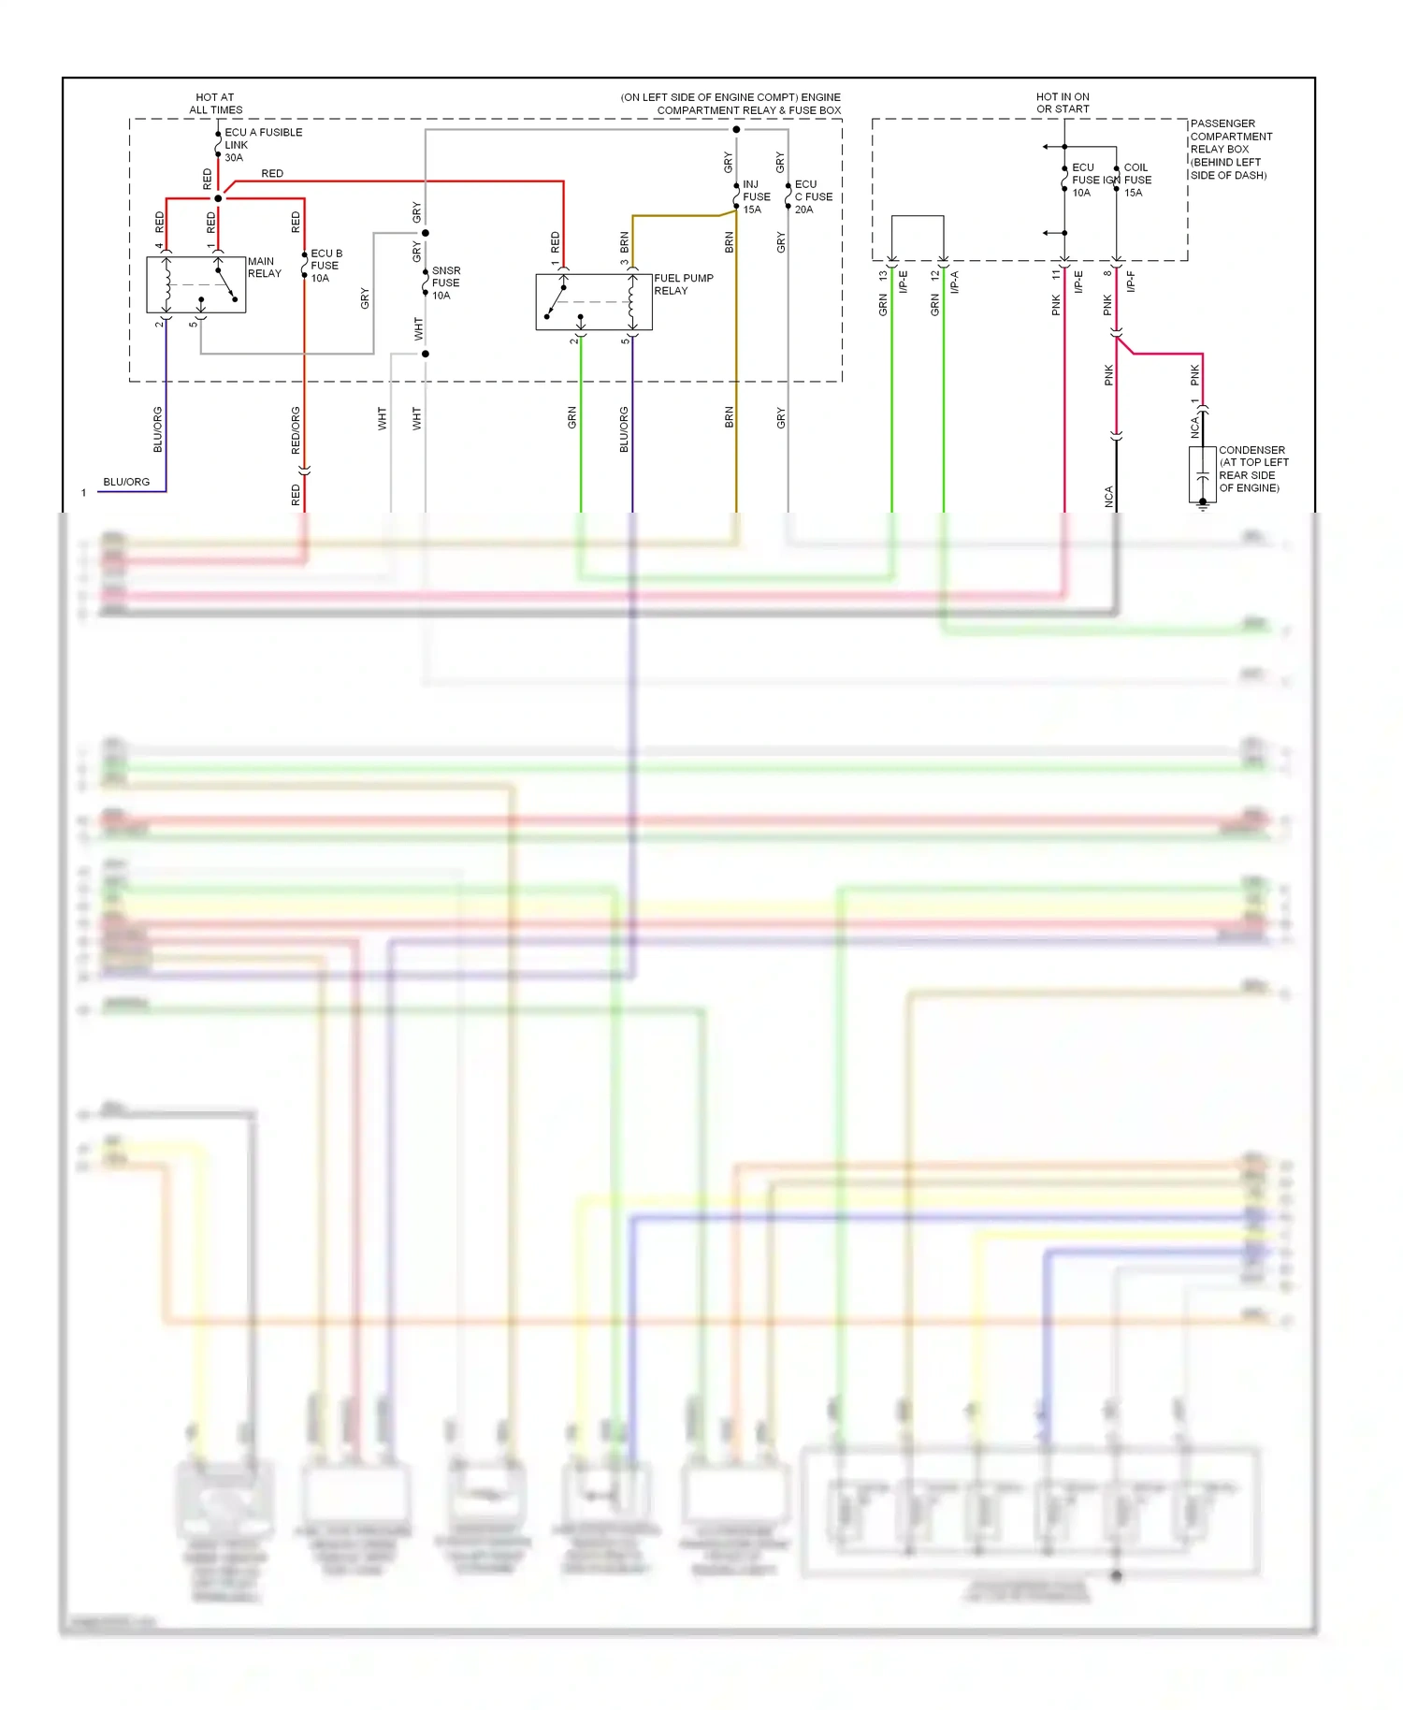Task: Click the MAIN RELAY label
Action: (264, 268)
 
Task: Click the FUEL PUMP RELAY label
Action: (683, 284)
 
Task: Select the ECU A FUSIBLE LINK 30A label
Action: (262, 145)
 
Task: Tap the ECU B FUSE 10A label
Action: (325, 266)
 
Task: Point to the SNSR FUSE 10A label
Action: (445, 283)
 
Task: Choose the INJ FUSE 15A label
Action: (756, 196)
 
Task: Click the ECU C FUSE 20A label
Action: (812, 196)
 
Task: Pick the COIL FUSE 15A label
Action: (1137, 180)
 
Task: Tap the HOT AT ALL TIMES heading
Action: (215, 103)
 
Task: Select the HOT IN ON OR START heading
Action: (1063, 103)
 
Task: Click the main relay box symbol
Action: (195, 284)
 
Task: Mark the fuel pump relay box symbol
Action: (593, 302)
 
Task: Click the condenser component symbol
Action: (1202, 475)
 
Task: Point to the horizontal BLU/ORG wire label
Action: (126, 482)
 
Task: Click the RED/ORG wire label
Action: (296, 430)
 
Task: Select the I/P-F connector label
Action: (1131, 282)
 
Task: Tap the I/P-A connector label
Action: (954, 282)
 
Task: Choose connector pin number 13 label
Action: (883, 276)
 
